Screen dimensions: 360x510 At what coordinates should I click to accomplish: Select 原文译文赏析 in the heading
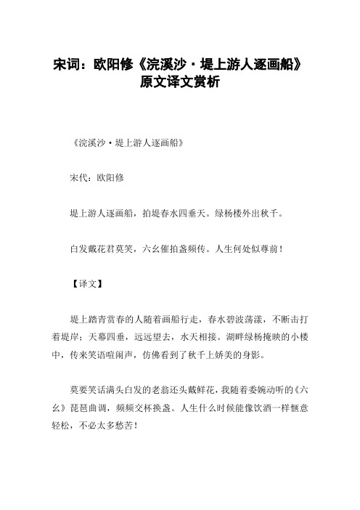pos(179,82)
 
